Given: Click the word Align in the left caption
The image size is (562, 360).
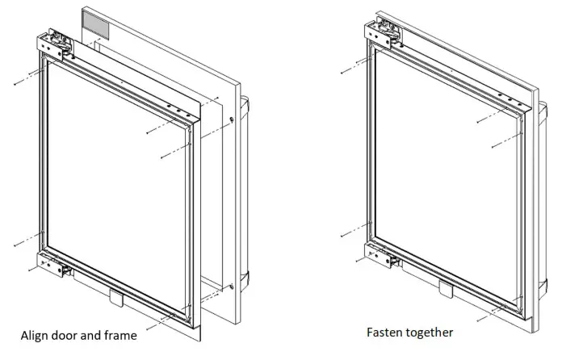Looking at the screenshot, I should point(35,335).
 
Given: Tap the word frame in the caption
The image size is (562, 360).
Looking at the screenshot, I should point(119,335).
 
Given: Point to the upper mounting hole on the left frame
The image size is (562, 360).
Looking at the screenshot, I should point(232,120).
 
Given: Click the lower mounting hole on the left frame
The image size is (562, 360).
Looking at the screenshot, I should point(232,287).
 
